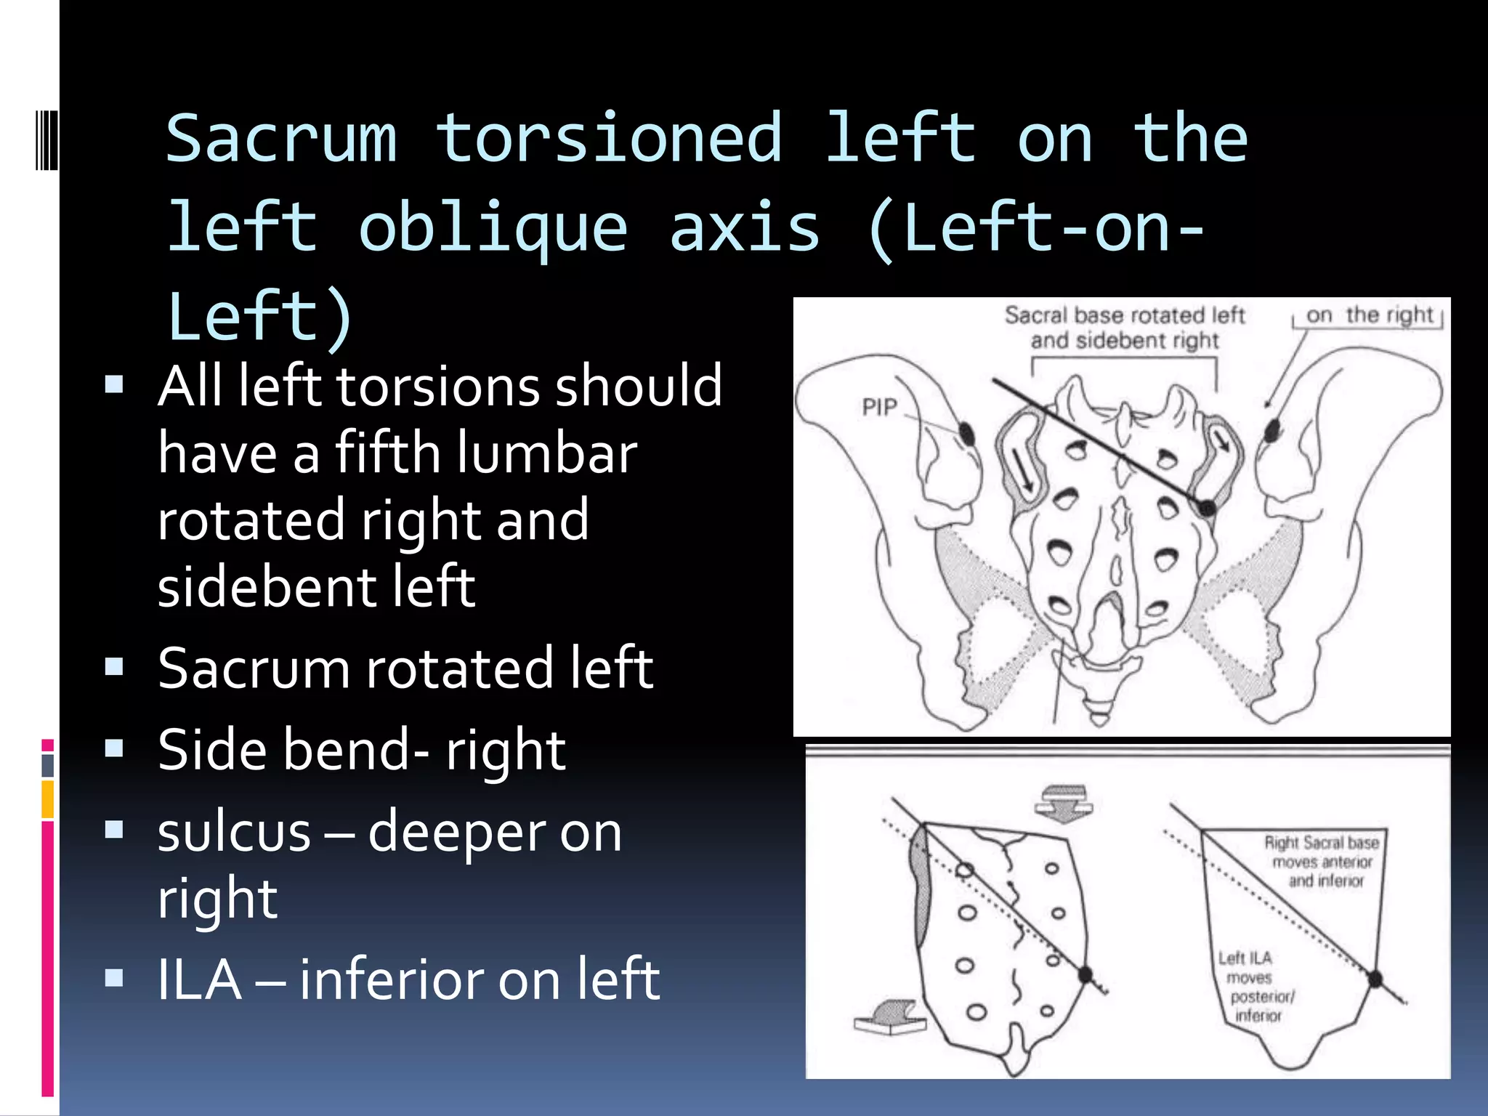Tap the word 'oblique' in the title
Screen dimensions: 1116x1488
[493, 228]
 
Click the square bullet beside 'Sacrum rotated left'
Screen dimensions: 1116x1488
[114, 667]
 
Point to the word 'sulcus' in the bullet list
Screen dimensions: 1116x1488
[234, 833]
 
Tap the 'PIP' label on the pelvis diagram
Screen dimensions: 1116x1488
[880, 407]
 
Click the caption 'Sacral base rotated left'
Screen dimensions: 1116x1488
[1124, 315]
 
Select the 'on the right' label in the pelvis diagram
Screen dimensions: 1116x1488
[1369, 315]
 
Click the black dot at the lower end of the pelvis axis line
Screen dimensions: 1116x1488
[1206, 507]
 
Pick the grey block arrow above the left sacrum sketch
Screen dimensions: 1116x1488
[1064, 803]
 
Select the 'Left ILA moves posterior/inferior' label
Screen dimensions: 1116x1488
[1255, 986]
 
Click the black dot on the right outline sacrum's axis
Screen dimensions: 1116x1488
[1374, 979]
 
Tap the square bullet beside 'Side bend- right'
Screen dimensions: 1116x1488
[114, 748]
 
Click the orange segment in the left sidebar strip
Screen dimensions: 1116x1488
[48, 799]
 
